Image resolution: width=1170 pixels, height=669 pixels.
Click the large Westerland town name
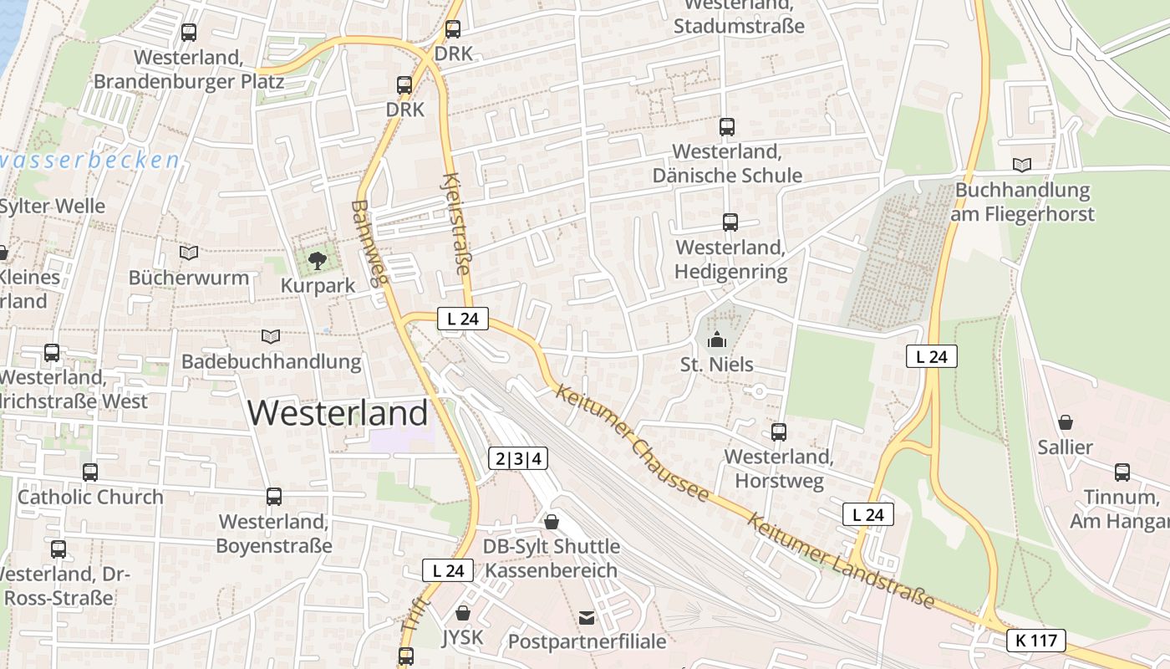pos(338,413)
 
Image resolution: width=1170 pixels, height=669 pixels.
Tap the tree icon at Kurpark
pos(317,262)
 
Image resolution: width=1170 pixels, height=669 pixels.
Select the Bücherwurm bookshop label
pos(189,278)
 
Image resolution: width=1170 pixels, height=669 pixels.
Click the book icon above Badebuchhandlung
pos(270,336)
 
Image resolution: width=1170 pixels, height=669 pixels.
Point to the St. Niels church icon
pos(716,340)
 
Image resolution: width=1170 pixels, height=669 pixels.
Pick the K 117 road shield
pos(1036,641)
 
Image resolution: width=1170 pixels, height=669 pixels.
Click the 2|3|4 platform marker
pos(518,458)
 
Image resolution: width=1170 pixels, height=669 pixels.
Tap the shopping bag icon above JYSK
pos(463,613)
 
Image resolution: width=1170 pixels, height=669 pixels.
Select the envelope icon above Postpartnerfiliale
pos(587,618)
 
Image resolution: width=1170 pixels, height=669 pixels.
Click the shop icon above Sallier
pos(1065,422)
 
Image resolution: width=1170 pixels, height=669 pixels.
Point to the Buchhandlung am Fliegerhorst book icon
pos(1021,165)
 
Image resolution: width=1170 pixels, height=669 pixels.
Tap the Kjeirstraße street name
pos(456,223)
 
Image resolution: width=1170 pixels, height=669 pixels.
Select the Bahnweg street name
pos(371,243)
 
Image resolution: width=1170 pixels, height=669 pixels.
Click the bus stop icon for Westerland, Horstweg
pos(778,432)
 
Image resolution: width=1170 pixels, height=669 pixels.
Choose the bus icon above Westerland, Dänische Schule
pos(726,127)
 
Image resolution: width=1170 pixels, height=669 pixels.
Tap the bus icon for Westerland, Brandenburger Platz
pos(189,33)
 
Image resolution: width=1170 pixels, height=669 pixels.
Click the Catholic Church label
pos(90,497)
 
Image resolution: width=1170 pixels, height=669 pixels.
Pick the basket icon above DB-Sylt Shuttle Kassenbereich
pos(552,522)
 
